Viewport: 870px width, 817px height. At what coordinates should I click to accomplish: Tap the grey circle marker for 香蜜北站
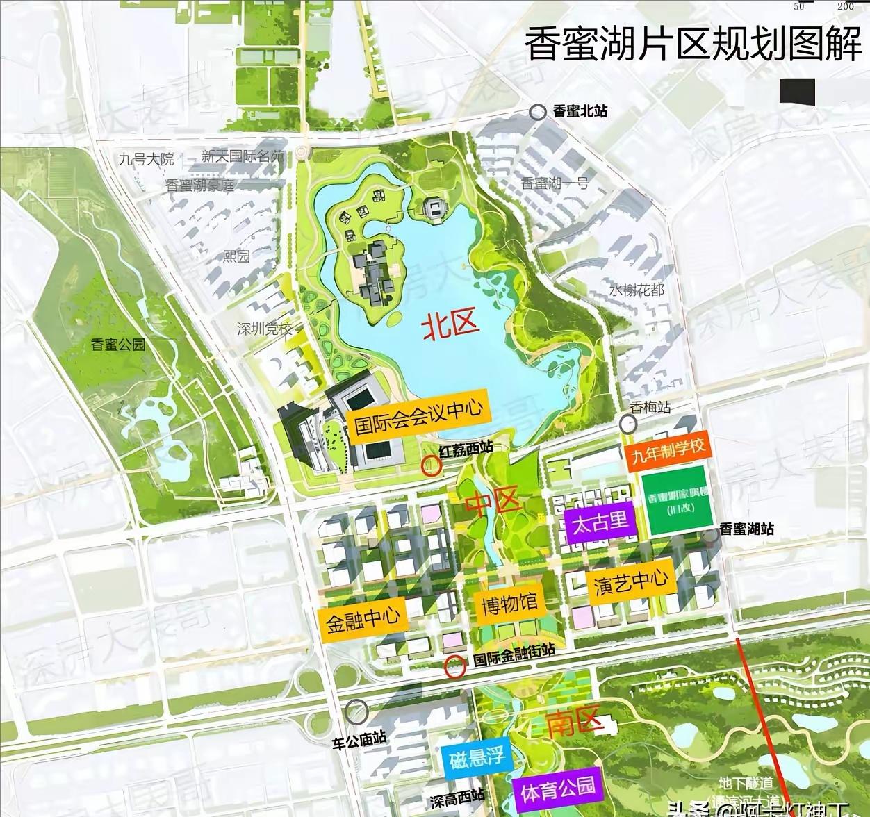pos(537,111)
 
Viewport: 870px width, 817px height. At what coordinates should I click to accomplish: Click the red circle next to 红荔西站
pos(432,465)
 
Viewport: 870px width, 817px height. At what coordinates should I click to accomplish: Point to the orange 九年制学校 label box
pos(668,450)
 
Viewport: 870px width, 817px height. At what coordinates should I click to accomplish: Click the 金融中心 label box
pos(363,617)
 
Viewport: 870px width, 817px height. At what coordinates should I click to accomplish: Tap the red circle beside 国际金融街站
pos(455,667)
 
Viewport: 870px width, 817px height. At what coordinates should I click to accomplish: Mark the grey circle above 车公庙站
pos(357,711)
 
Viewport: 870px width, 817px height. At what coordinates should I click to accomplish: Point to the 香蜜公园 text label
pos(118,344)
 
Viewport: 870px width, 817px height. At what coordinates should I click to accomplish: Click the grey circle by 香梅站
pos(629,424)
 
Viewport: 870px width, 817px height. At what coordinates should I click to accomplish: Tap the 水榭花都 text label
pos(637,290)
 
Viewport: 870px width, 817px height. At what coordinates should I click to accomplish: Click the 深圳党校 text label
pos(265,329)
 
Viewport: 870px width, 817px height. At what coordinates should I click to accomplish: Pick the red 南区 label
pos(575,723)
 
